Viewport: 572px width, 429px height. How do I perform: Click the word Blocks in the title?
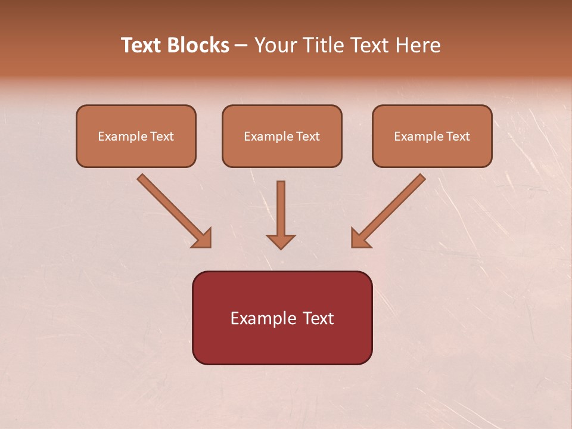click(199, 45)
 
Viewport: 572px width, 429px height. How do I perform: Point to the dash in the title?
click(241, 46)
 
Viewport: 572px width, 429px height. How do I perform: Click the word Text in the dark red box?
click(318, 318)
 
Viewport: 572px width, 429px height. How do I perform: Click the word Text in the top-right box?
click(458, 136)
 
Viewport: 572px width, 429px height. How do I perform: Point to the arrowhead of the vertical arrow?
click(281, 241)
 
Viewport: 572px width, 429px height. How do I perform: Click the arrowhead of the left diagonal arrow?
click(203, 238)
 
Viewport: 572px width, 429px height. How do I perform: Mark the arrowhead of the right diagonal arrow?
click(360, 238)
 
